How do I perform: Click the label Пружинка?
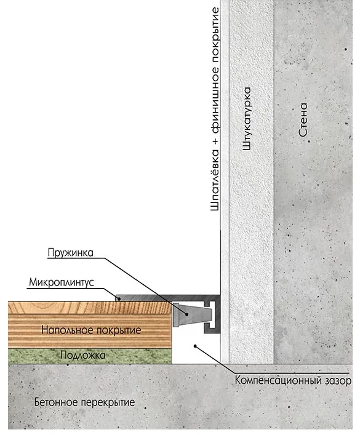click(71, 253)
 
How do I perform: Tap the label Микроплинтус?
click(62, 282)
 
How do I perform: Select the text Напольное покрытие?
click(91, 330)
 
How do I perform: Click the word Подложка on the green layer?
click(82, 356)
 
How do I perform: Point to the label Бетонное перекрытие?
click(85, 402)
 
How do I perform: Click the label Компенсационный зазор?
click(293, 380)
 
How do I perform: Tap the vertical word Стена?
click(303, 120)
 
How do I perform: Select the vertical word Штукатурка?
click(247, 119)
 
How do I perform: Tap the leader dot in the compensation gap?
click(195, 346)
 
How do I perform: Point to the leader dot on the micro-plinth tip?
click(119, 299)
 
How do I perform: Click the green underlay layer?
click(90, 356)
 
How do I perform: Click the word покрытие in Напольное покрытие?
click(119, 330)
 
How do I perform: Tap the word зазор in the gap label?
click(337, 381)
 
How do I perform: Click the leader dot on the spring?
click(187, 314)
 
